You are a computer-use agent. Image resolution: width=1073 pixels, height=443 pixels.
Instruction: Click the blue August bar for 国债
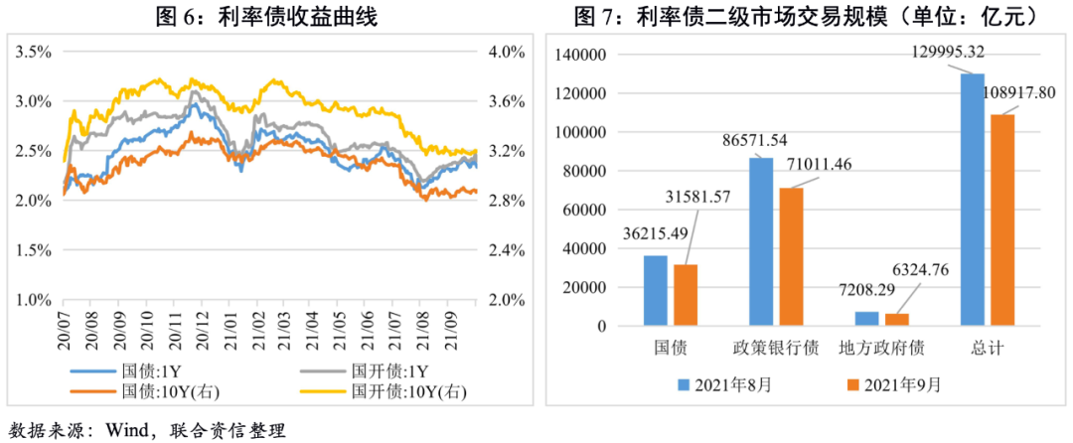[656, 290]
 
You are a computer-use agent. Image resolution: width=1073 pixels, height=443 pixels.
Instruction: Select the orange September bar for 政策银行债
[791, 256]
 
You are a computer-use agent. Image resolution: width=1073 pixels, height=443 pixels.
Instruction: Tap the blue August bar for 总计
[973, 199]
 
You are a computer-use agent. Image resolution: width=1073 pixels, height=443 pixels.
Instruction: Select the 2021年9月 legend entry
[893, 382]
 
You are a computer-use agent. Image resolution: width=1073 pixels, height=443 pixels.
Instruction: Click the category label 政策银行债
[775, 349]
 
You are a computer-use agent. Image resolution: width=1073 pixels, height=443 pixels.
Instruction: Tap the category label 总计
[988, 349]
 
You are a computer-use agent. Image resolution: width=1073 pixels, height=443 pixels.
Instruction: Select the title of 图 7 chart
[807, 16]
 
